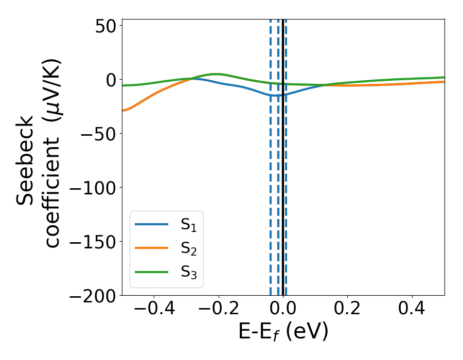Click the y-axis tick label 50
(x=106, y=25)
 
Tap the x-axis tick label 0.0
(x=282, y=311)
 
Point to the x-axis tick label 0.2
(x=348, y=311)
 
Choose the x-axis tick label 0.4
(x=412, y=311)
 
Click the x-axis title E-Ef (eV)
(x=283, y=333)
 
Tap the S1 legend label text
(x=188, y=225)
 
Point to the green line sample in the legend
(x=152, y=272)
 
